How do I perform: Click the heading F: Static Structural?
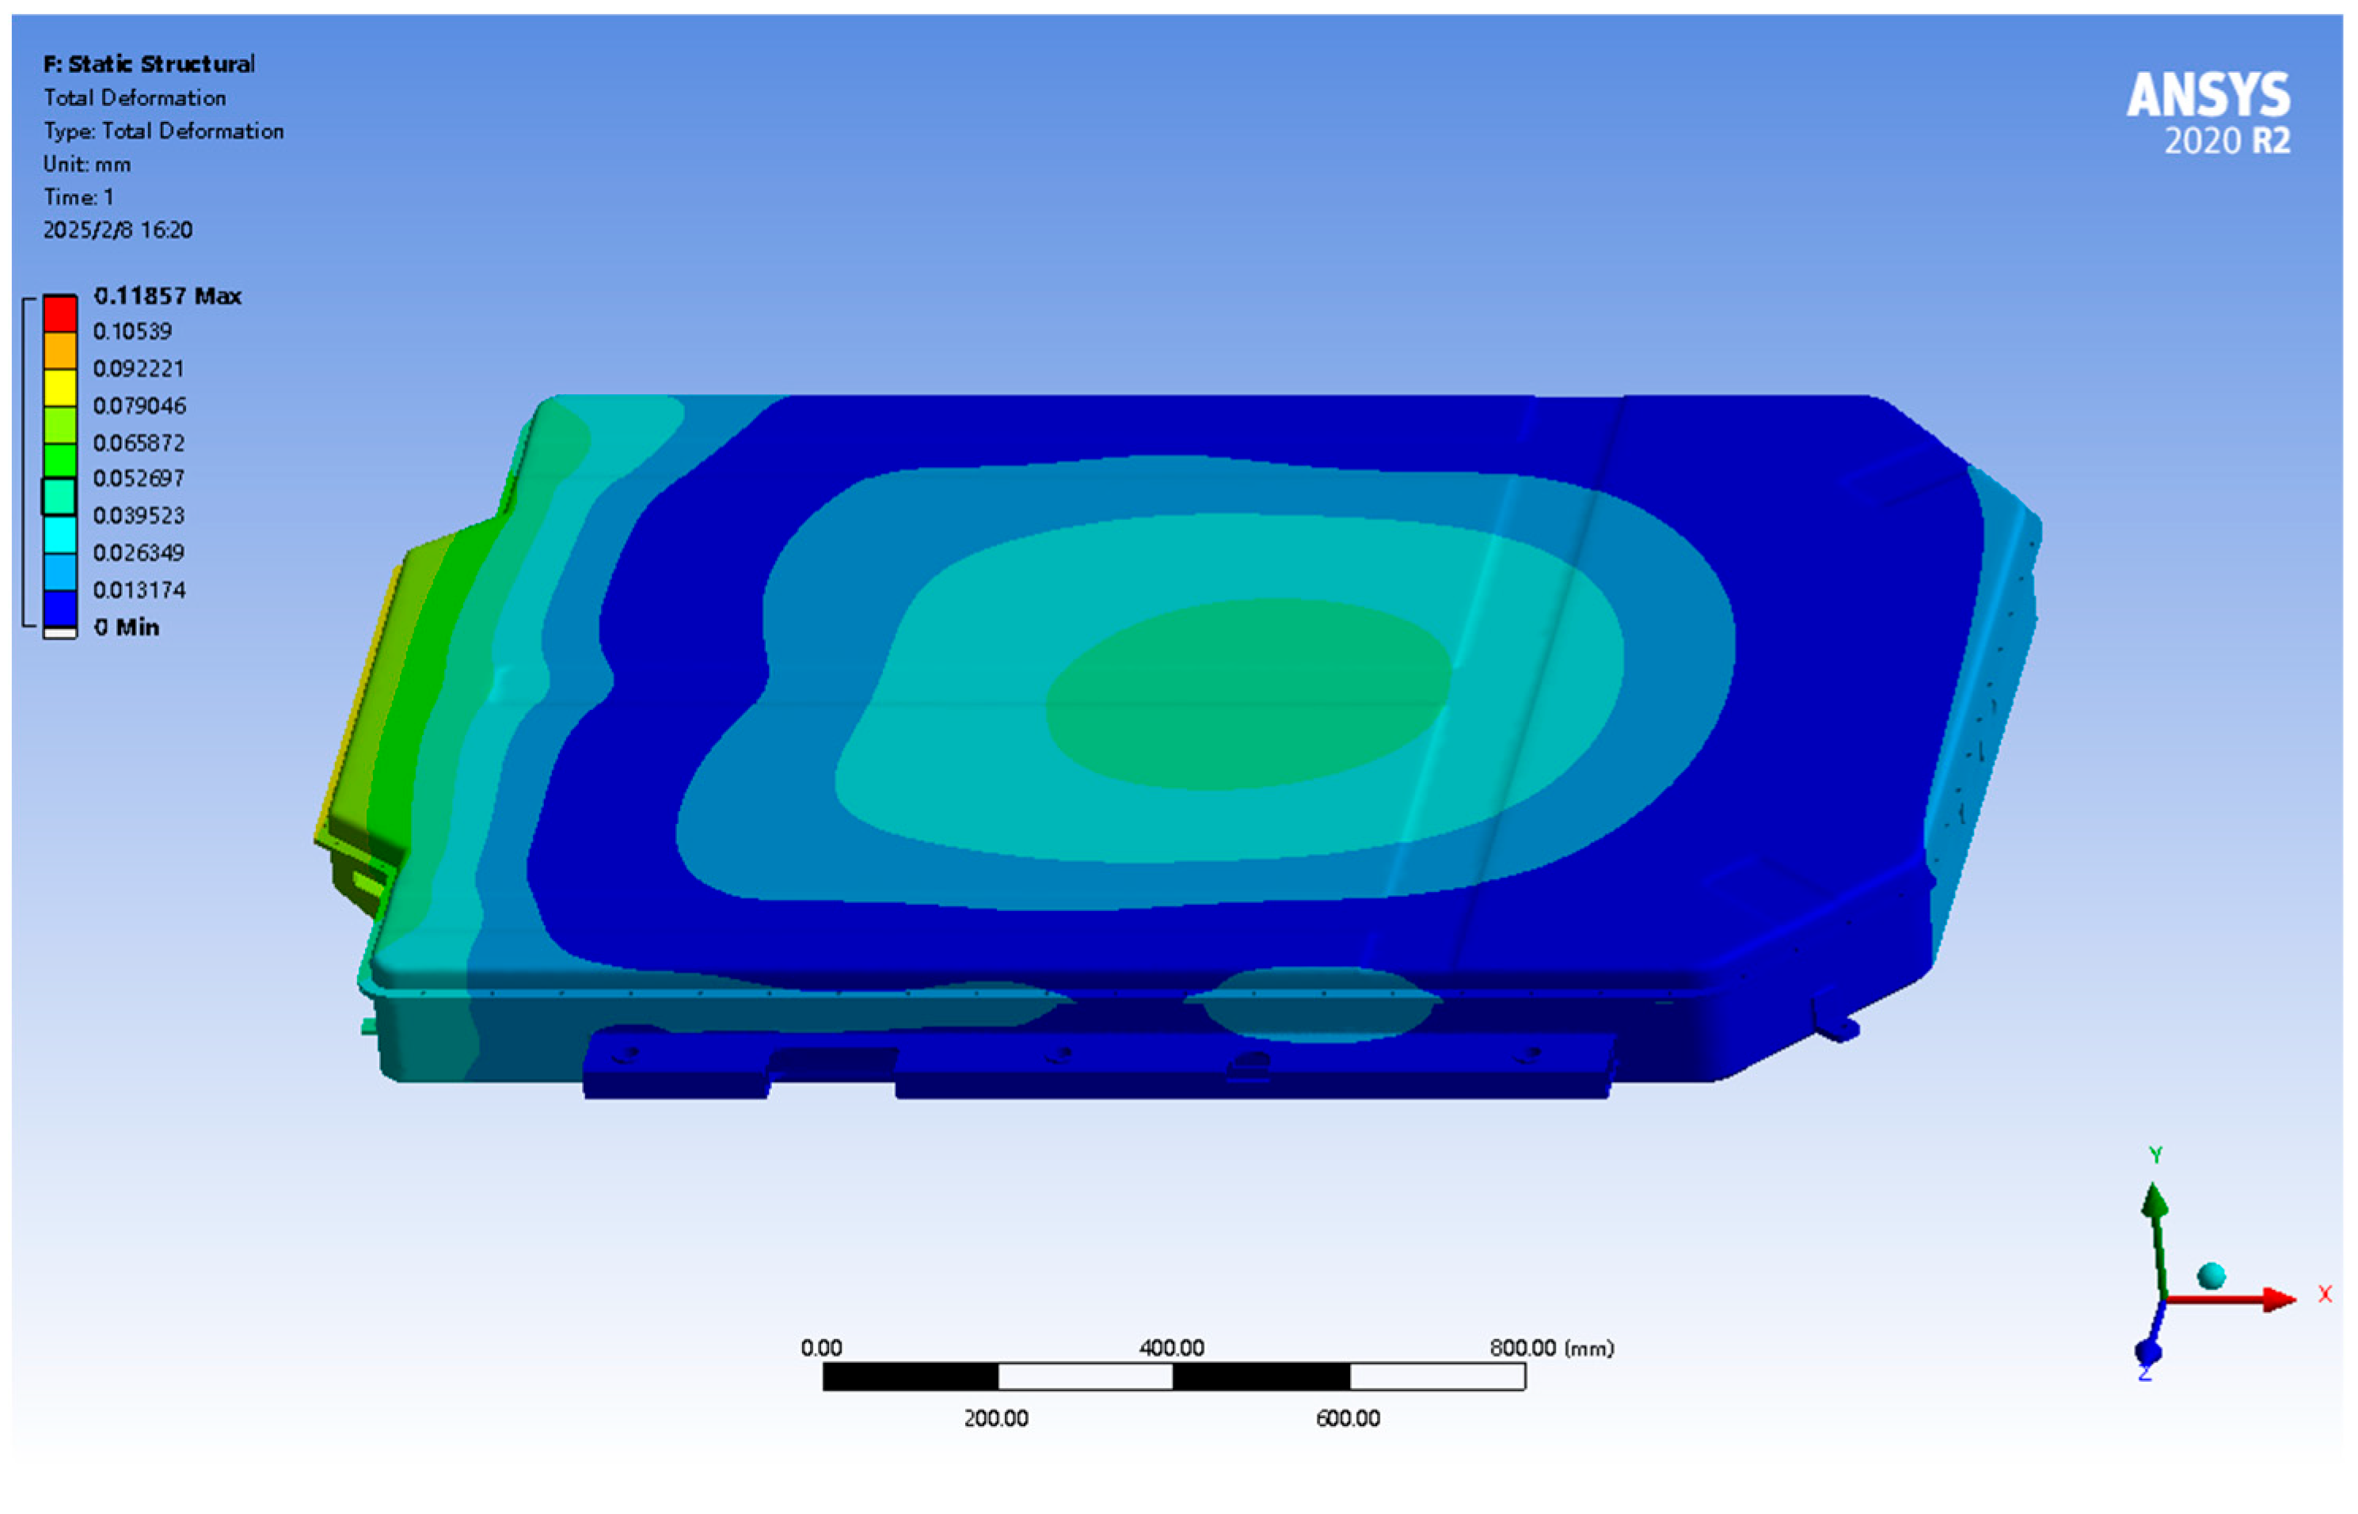pos(149,65)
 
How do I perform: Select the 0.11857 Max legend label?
pos(167,296)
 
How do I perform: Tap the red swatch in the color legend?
pos(60,313)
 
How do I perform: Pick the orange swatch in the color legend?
pos(60,351)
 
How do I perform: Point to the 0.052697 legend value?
pos(139,479)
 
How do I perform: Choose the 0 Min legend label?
pos(127,628)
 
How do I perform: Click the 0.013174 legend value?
pos(139,590)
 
